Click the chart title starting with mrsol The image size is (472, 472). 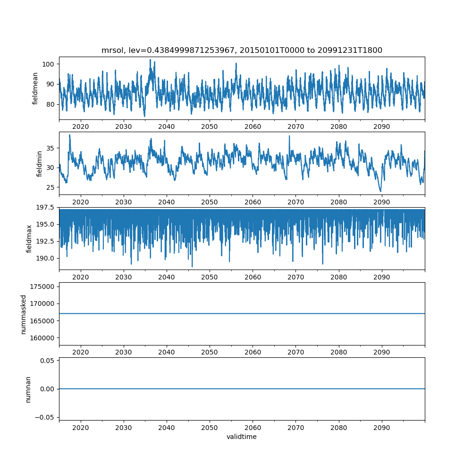pos(242,50)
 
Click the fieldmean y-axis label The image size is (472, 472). pos(35,88)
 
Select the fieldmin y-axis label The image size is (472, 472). pos(39,163)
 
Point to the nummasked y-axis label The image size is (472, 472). pos(24,314)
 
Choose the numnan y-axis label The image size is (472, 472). pos(28,389)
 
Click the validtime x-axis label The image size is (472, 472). pos(242,437)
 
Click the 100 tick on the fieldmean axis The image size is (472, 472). pos(49,64)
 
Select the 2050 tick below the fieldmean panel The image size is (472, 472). pos(210,127)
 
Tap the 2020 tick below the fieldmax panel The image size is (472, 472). pos(81,277)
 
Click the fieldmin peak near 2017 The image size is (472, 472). pos(70,135)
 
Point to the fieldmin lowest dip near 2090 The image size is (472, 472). pos(380,191)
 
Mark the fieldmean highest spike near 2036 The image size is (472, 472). pos(150,60)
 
